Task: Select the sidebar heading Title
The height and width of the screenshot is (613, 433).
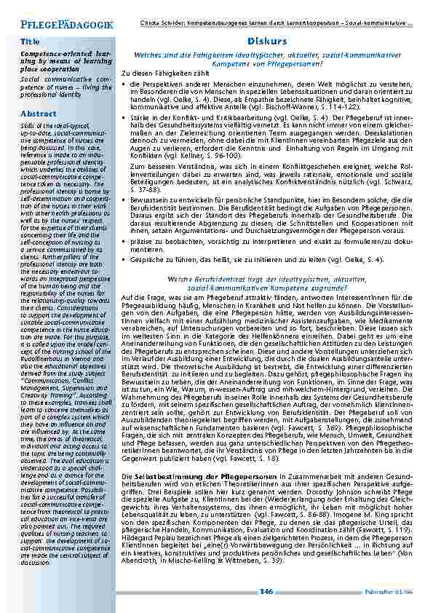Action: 30,43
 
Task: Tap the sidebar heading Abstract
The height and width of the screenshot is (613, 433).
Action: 38,114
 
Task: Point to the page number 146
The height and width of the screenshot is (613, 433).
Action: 266,591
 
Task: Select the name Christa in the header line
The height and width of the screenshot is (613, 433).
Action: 148,23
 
